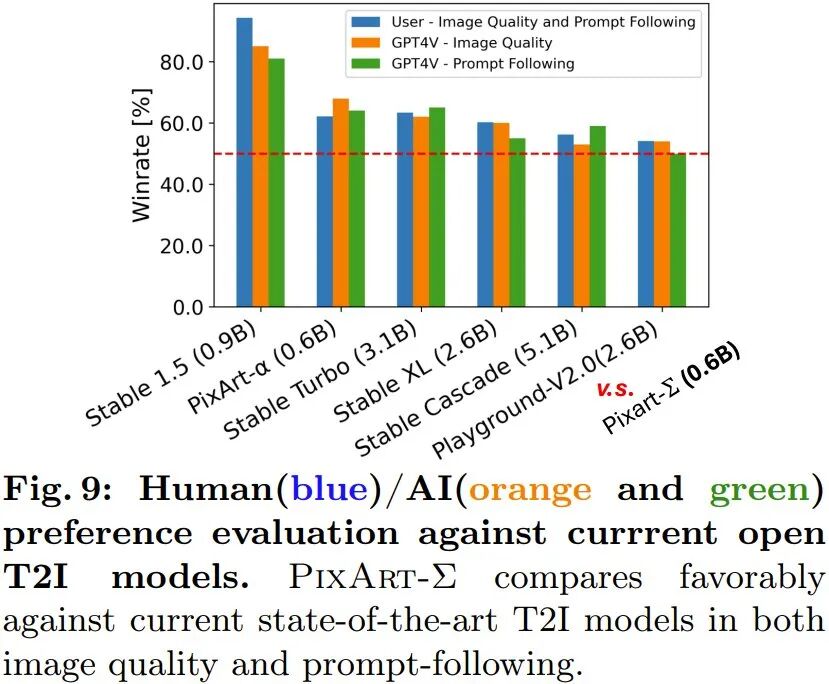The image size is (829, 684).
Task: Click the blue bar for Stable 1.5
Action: [244, 162]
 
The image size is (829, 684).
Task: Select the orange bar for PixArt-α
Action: [340, 203]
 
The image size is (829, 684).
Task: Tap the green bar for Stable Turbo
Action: [437, 207]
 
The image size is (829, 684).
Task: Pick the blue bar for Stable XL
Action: [485, 215]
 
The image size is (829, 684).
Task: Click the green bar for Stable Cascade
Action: [597, 217]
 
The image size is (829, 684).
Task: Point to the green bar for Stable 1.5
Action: [277, 183]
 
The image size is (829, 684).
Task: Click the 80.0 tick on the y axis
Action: [181, 62]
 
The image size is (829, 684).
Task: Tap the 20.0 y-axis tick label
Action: [181, 246]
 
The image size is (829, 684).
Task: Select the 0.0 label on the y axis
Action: [188, 307]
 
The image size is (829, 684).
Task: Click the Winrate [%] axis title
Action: [141, 155]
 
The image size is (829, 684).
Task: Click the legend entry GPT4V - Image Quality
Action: [472, 42]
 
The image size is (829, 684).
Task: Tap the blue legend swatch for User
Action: [366, 22]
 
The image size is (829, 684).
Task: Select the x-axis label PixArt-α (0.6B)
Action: [262, 367]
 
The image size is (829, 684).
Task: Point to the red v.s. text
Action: [615, 389]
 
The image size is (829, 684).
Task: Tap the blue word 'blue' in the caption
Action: [329, 489]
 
